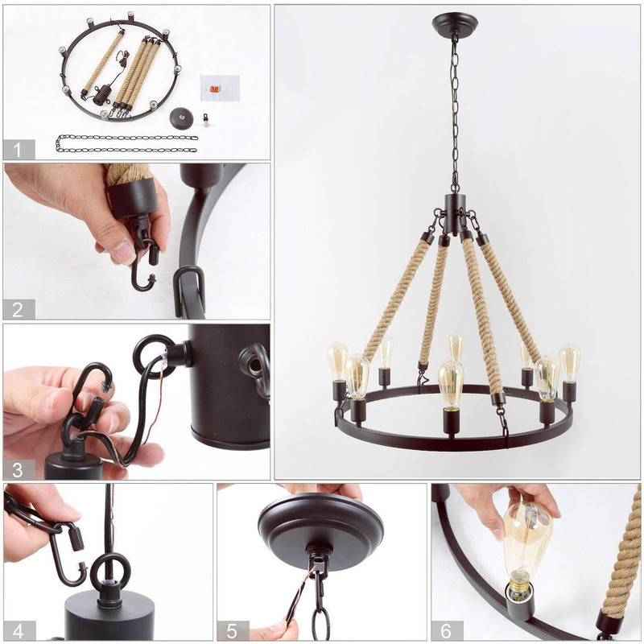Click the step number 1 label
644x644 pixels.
pyautogui.click(x=18, y=150)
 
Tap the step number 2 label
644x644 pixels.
pyautogui.click(x=18, y=309)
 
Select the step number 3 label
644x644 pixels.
pyautogui.click(x=18, y=470)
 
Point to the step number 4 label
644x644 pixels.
pyautogui.click(x=18, y=631)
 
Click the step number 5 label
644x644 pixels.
pyautogui.click(x=232, y=631)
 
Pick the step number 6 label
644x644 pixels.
pyautogui.click(x=446, y=631)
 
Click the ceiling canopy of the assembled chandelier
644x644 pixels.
pyautogui.click(x=455, y=23)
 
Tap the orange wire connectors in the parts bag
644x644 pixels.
pyautogui.click(x=214, y=89)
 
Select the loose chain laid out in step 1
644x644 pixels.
pyautogui.click(x=126, y=143)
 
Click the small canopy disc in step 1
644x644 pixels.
pyautogui.click(x=182, y=118)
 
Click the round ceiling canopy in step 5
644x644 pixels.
pyautogui.click(x=320, y=531)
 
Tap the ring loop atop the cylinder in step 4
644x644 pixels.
pyautogui.click(x=110, y=572)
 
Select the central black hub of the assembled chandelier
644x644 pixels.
pyautogui.click(x=455, y=213)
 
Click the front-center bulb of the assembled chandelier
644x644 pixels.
pyautogui.click(x=451, y=385)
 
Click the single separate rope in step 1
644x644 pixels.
pyautogui.click(x=102, y=65)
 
